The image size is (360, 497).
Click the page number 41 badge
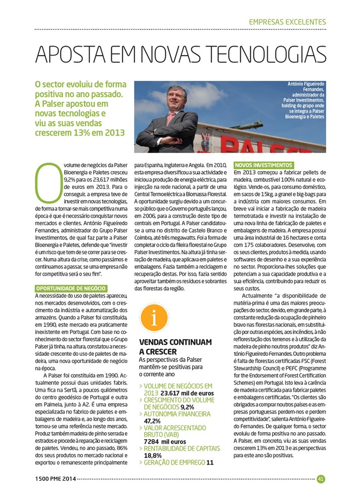(x=321, y=479)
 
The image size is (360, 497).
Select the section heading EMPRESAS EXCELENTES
(x=287, y=22)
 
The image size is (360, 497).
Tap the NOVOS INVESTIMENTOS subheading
(x=263, y=165)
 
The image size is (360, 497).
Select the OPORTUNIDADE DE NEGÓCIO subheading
(x=70, y=288)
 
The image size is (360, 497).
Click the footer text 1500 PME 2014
(x=55, y=479)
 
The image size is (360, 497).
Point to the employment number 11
(x=210, y=462)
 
